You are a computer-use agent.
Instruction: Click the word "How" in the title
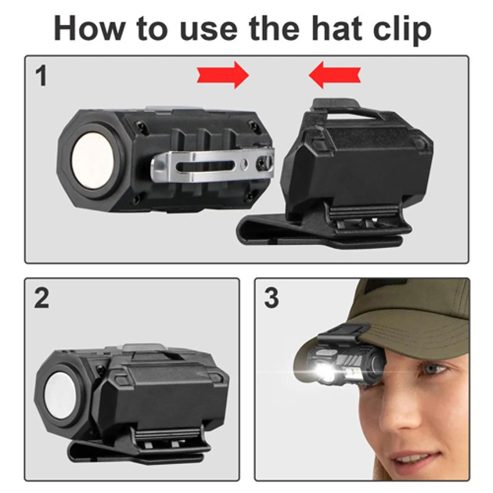(88, 29)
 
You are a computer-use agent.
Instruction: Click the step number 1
(41, 76)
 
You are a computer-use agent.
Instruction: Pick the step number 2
(41, 297)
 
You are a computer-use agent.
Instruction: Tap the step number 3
(272, 297)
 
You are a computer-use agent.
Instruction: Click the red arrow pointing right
(223, 75)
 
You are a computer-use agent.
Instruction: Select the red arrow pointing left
(335, 75)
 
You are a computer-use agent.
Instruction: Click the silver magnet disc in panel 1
(93, 160)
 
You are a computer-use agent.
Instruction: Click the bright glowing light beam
(322, 372)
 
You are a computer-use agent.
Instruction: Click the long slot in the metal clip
(205, 166)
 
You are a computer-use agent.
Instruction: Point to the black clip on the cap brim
(344, 333)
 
